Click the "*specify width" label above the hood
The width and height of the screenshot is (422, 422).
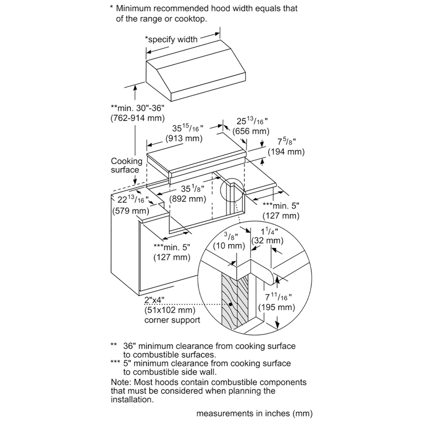[171, 40]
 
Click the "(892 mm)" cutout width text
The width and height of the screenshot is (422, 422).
[187, 198]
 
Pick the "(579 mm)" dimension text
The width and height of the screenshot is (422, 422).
[130, 210]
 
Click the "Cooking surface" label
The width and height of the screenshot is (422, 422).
[127, 165]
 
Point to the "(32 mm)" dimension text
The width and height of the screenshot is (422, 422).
[267, 241]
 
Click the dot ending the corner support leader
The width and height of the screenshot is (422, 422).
[230, 304]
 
